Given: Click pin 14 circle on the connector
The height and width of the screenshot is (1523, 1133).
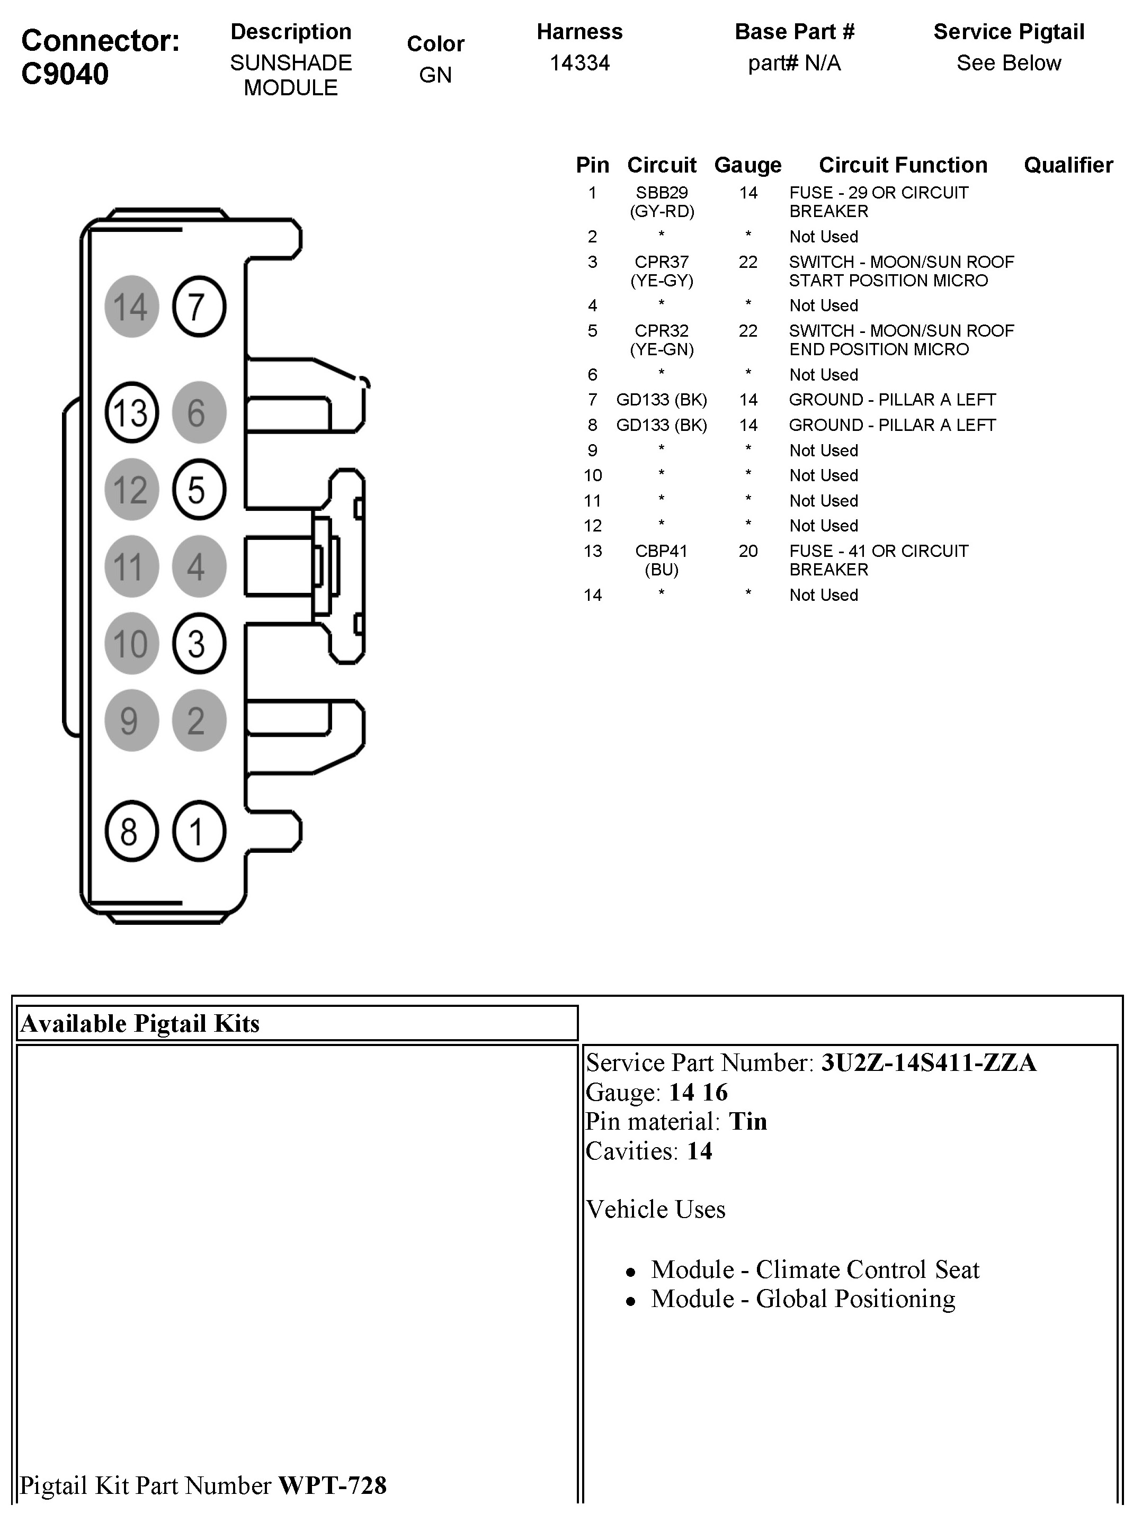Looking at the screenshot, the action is [x=131, y=307].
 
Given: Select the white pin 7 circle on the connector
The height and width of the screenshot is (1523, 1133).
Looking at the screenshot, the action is [x=199, y=307].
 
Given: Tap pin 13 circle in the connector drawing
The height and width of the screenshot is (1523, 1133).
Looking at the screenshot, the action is [x=131, y=412].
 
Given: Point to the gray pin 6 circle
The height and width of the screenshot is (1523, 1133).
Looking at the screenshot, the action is [x=199, y=412].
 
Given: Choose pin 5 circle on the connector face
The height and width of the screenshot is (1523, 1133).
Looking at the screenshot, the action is [x=199, y=489].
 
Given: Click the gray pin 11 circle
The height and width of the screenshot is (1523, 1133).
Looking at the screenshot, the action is [x=131, y=566].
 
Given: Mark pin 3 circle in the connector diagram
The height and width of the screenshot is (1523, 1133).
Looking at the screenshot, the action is [x=199, y=644].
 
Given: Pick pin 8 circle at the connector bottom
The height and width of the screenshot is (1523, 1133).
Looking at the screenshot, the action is [x=131, y=832].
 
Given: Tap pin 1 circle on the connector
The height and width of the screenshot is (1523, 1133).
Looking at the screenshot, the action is [x=199, y=832].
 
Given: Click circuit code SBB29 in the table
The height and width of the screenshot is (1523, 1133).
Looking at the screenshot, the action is [x=661, y=193].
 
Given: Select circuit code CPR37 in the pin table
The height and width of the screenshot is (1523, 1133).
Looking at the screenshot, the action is [x=661, y=262].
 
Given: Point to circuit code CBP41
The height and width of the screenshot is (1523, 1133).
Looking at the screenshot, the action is [x=661, y=551].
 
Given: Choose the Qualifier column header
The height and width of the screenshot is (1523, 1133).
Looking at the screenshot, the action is [x=1068, y=165].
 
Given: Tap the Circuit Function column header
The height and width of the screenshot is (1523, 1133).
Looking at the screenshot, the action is [x=903, y=165].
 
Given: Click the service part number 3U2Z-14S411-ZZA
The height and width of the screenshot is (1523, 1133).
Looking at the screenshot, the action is [x=929, y=1063].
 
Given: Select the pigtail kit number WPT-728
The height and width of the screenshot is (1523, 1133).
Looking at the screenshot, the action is [x=332, y=1485].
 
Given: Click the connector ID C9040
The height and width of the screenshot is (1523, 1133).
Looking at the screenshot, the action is [x=65, y=74].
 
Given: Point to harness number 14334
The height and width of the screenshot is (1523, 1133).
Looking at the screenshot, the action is [x=579, y=63].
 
